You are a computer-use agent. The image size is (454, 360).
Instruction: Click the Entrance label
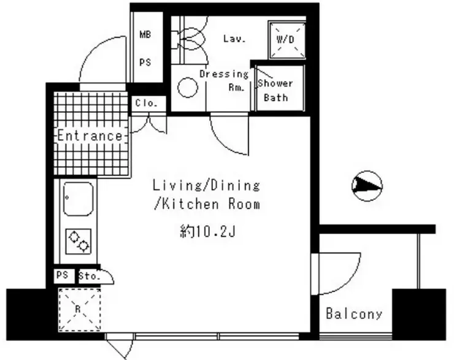click(90, 136)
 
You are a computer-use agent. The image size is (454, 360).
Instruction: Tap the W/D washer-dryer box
click(287, 40)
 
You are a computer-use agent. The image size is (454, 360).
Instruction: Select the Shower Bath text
click(275, 90)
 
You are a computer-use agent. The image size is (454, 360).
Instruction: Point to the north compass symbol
click(367, 186)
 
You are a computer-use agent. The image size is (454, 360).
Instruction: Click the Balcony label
click(354, 314)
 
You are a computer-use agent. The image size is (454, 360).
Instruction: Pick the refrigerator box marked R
click(80, 309)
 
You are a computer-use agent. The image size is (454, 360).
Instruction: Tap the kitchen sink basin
click(78, 199)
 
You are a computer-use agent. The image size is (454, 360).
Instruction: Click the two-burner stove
click(79, 242)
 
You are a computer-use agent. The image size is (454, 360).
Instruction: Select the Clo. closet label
click(146, 103)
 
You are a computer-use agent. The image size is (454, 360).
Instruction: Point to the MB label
click(145, 35)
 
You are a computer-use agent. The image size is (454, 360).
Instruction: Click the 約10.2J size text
click(207, 231)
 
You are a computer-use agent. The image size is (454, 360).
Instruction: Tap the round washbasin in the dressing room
click(188, 88)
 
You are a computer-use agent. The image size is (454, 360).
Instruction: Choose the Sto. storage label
click(90, 276)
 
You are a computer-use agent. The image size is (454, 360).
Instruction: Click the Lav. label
click(234, 39)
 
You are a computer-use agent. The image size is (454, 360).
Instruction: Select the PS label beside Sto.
click(62, 275)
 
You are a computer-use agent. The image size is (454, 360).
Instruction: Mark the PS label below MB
click(145, 62)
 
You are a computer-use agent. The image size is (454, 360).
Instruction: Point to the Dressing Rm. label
click(224, 80)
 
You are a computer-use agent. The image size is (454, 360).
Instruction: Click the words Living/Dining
click(206, 185)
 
